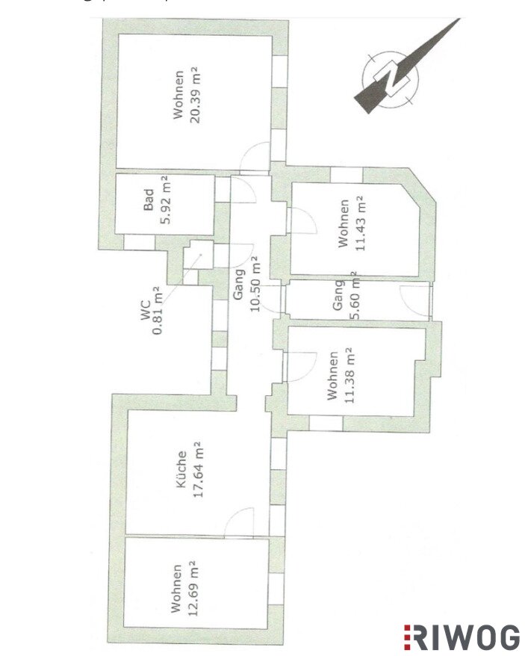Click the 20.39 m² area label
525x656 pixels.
(x=194, y=95)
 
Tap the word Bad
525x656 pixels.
(x=149, y=199)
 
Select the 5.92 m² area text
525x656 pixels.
(x=165, y=199)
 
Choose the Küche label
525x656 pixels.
(x=181, y=468)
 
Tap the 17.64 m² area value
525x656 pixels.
(x=198, y=469)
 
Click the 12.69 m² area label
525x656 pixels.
(x=193, y=589)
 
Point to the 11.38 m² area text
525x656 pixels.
(x=350, y=375)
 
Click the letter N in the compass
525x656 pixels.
(x=391, y=77)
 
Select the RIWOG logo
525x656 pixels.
(x=462, y=638)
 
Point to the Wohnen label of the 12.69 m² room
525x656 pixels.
(x=176, y=589)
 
